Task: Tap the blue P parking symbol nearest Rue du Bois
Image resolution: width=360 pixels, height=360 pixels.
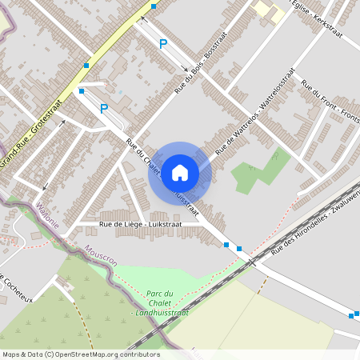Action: click(163, 45)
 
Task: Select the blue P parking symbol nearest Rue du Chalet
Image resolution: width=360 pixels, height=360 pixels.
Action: click(103, 108)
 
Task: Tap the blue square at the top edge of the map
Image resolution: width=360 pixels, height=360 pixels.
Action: click(154, 6)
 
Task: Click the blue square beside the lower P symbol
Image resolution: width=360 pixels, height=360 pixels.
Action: click(82, 91)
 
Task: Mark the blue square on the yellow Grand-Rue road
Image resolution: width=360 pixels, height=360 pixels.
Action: click(86, 66)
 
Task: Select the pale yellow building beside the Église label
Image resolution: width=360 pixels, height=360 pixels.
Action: click(269, 10)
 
